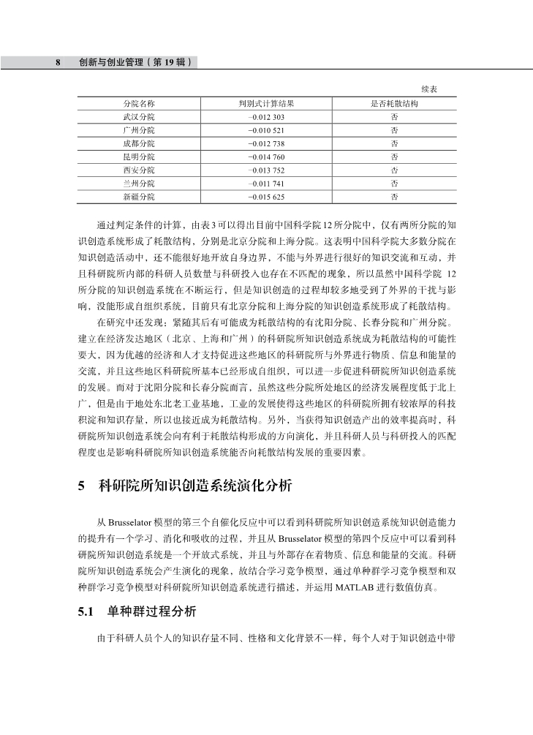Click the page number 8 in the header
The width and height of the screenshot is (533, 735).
coord(58,63)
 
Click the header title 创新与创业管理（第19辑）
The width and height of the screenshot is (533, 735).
coord(135,63)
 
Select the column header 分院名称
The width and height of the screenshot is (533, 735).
coord(139,104)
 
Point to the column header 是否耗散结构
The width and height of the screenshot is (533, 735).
coord(395,104)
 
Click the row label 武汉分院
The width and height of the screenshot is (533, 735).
coord(139,117)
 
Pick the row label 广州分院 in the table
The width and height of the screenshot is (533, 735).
coord(139,130)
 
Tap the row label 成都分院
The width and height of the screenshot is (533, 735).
coord(139,143)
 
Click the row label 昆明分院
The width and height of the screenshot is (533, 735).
coord(139,157)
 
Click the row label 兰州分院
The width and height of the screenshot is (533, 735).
coord(139,183)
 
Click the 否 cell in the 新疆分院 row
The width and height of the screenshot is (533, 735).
coord(395,196)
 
